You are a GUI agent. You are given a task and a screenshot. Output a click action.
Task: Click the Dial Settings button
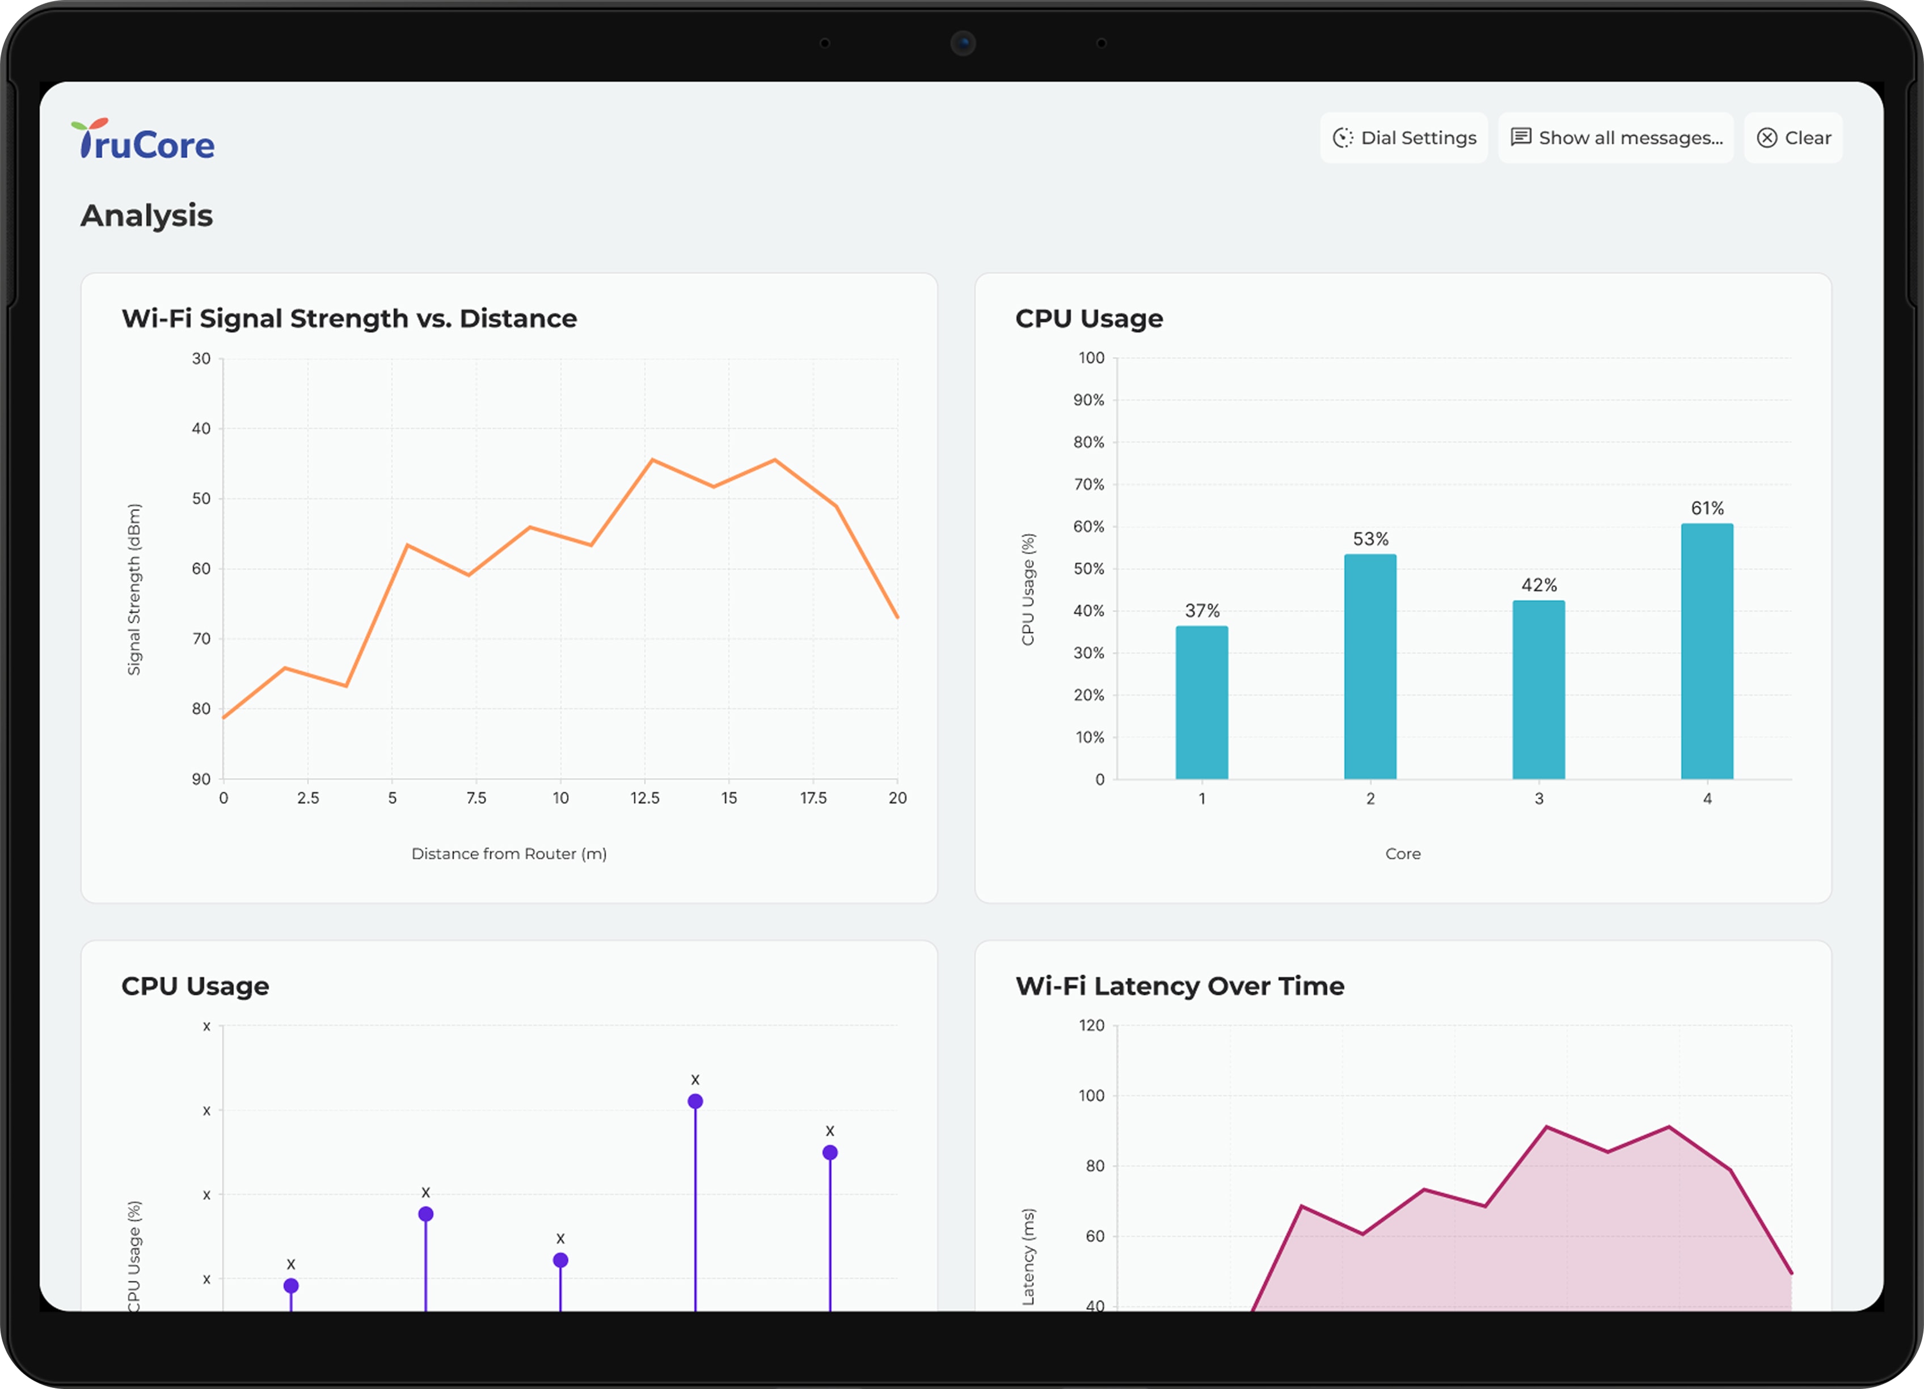click(1404, 137)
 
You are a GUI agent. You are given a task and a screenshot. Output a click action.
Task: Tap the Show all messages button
click(1616, 137)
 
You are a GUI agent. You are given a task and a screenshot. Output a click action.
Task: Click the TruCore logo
click(144, 141)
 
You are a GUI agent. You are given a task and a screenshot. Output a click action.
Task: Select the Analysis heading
click(147, 216)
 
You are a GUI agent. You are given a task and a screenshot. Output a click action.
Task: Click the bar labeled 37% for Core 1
click(1201, 702)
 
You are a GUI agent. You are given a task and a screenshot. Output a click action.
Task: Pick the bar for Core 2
click(1370, 667)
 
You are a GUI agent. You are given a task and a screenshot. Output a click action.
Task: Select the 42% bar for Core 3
click(1538, 690)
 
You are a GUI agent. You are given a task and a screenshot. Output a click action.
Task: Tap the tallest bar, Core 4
click(1707, 651)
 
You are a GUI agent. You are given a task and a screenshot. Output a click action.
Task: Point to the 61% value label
click(1707, 508)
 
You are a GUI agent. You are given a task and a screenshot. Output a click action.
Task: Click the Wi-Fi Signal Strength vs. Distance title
click(349, 318)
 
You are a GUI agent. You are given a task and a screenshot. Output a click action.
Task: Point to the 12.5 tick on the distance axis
click(645, 798)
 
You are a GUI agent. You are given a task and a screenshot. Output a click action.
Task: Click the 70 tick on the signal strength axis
click(201, 638)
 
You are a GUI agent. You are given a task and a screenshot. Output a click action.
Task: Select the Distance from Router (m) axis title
click(509, 853)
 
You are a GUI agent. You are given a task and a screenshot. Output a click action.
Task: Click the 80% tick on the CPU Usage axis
click(1088, 442)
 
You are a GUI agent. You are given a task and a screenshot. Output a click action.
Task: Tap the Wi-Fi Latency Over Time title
click(1179, 986)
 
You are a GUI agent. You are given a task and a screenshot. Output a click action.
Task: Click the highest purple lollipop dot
click(695, 1101)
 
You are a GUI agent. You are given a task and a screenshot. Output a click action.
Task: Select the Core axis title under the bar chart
click(1402, 853)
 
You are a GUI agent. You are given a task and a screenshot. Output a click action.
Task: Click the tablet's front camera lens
click(963, 43)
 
